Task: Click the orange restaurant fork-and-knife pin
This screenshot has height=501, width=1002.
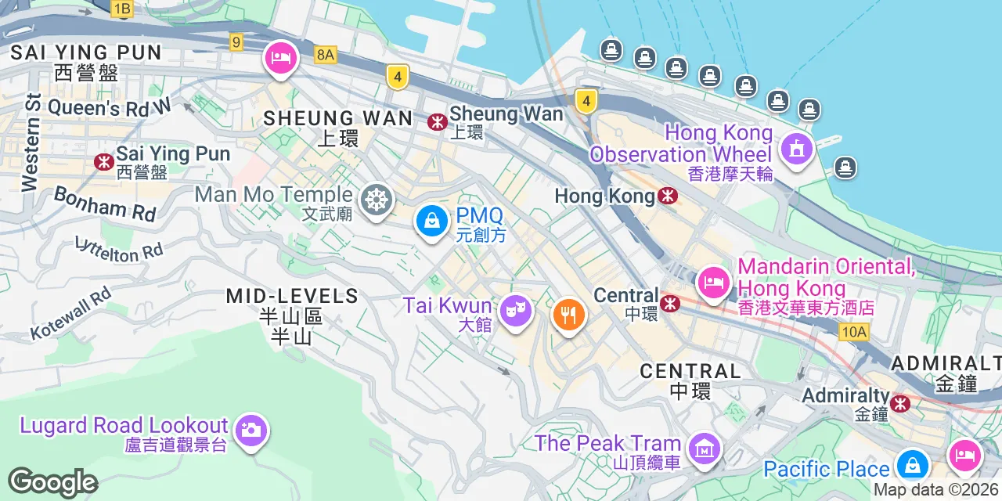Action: point(568,315)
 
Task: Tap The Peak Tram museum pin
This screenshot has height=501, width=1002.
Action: point(704,448)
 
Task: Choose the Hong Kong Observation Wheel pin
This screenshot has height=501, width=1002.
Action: point(796,147)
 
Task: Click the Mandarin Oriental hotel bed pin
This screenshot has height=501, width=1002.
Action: point(712,280)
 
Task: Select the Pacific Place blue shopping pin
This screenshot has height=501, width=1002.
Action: point(912,465)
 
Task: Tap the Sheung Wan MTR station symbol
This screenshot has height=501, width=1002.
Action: point(437,122)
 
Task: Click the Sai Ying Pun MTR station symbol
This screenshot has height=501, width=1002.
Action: point(103,161)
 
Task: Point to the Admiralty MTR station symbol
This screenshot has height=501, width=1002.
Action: point(901,403)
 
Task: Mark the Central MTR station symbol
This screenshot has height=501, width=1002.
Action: point(670,303)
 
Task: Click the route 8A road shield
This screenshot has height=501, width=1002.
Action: point(325,54)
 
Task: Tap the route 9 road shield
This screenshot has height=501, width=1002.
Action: point(236,41)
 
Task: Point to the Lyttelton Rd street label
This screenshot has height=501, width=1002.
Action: point(119,249)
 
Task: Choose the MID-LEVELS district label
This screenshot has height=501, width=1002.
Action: point(292,297)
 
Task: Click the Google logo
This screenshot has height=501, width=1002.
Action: point(52,482)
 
